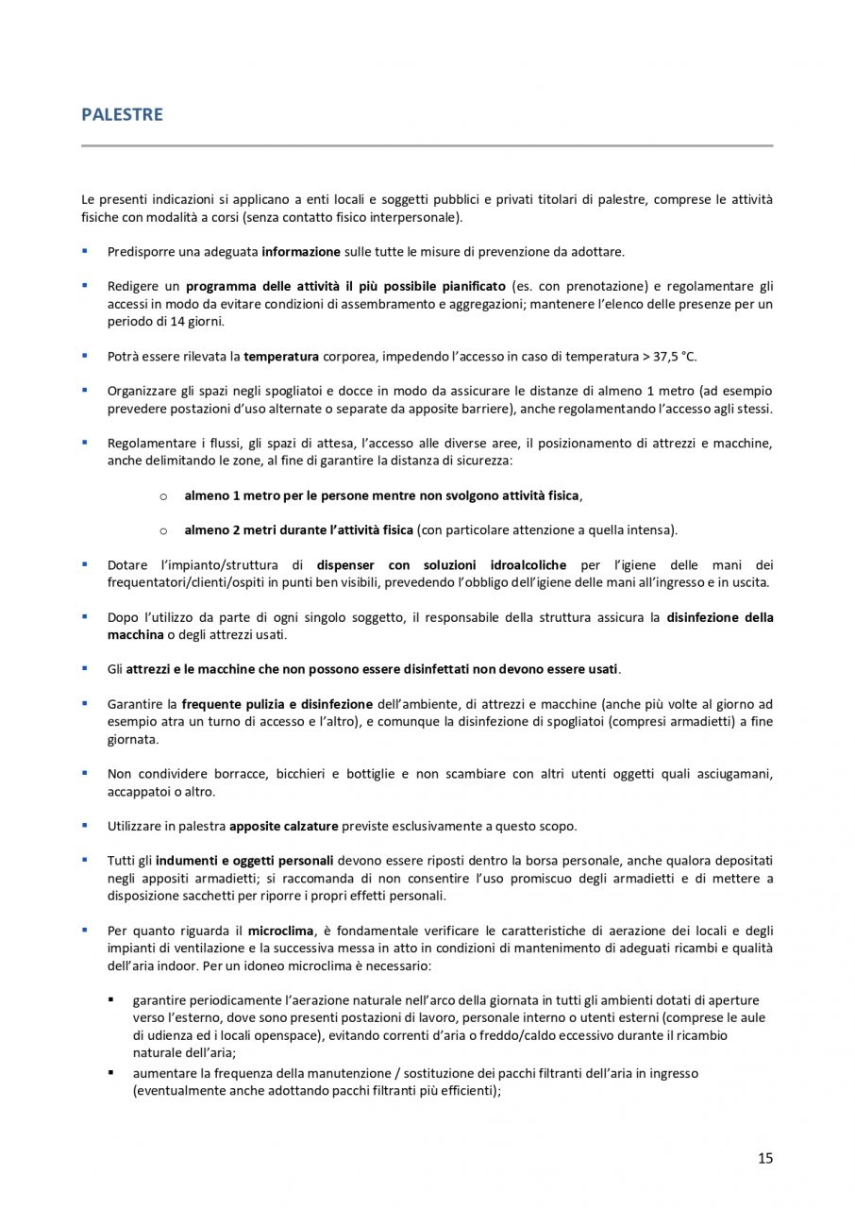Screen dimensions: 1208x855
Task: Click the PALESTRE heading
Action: tap(122, 115)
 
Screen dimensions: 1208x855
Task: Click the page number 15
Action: tap(765, 1158)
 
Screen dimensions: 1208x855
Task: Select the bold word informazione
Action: tap(301, 252)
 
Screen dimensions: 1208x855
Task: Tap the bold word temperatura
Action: tap(281, 356)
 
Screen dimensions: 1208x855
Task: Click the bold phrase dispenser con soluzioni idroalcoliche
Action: tap(439, 565)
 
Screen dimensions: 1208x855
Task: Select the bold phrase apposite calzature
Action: tap(284, 826)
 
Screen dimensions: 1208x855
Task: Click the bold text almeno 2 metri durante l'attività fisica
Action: tap(299, 529)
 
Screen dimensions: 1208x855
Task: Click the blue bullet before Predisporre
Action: tap(85, 251)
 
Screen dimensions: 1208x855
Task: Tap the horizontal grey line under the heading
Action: tap(427, 146)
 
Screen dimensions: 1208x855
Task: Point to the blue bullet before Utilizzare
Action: tap(85, 825)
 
